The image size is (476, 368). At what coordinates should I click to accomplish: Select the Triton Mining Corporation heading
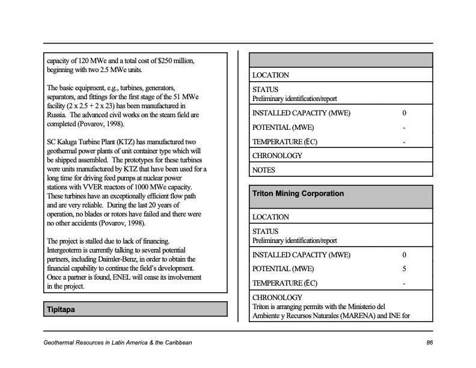[298, 194]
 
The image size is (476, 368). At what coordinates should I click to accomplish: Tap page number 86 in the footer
[429, 343]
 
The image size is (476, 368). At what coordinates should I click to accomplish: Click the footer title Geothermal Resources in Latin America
[118, 343]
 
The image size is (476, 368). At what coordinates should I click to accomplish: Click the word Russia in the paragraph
[58, 114]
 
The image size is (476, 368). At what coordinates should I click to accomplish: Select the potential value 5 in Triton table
[404, 269]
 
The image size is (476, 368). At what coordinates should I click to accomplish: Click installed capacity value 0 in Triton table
[404, 255]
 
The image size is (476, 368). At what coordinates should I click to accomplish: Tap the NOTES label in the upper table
[264, 170]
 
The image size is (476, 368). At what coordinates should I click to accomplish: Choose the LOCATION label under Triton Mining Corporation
[270, 217]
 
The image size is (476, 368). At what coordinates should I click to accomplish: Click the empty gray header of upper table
[341, 60]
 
